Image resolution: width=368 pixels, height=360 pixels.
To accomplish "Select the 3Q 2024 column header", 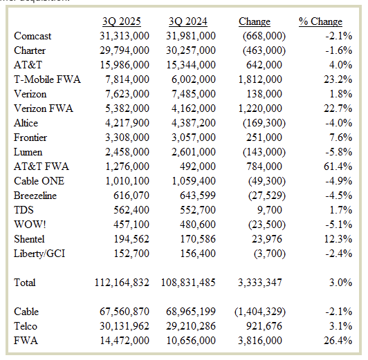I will [x=190, y=21].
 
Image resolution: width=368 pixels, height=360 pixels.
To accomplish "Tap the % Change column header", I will [x=320, y=21].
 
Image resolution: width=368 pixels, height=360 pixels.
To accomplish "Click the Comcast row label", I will [x=33, y=36].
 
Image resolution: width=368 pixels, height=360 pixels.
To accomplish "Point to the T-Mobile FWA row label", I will [x=47, y=79].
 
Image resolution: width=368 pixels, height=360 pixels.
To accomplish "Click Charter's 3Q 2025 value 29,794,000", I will [x=121, y=50].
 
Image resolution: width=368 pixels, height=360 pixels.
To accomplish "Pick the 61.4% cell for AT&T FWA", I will [x=339, y=167].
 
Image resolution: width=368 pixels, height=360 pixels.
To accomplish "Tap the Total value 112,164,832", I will [x=121, y=283].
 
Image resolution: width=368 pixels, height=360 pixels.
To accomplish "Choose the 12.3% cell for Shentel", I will [x=339, y=239].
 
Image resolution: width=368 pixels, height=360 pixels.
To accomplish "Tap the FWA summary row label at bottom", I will [x=25, y=341].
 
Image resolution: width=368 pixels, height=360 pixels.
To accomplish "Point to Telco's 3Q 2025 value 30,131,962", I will [x=121, y=327].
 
